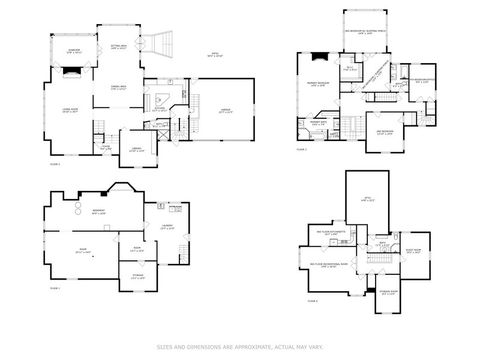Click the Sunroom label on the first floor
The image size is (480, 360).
coord(75,50)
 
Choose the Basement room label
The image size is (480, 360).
coord(101,211)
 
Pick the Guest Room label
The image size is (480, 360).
coord(412,251)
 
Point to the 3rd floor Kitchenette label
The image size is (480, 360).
coord(330,232)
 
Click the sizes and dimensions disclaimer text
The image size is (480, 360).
coord(239,347)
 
